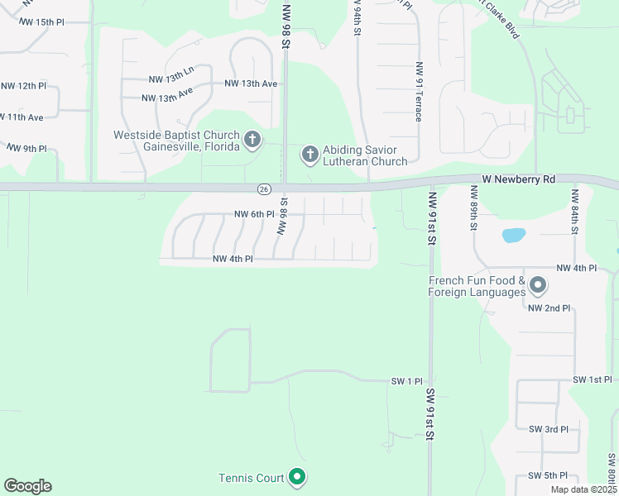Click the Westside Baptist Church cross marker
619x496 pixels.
[252, 140]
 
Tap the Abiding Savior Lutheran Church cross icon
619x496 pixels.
[309, 154]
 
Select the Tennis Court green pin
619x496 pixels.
[297, 477]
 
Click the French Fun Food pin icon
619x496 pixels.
[538, 286]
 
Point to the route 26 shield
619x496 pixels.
[263, 189]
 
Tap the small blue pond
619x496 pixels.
[513, 235]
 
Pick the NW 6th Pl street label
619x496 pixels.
[253, 214]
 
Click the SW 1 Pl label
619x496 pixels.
[407, 381]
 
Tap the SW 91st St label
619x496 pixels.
[430, 413]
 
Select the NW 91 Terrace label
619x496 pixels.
[419, 91]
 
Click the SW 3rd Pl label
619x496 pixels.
[548, 429]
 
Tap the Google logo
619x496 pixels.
[27, 486]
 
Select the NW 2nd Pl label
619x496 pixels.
[549, 308]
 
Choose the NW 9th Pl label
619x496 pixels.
[26, 148]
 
